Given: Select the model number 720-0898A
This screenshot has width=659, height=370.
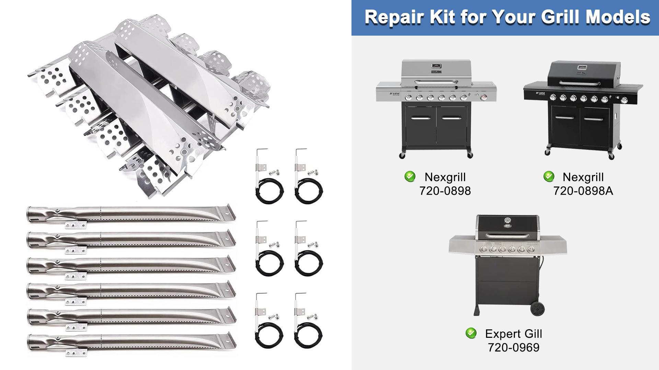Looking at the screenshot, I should (x=583, y=191).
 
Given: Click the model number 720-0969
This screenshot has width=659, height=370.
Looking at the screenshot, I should (x=513, y=347).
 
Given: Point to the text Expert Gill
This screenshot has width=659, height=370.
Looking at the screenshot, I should (x=513, y=334).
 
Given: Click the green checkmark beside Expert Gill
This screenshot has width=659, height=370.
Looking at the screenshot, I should (x=471, y=333).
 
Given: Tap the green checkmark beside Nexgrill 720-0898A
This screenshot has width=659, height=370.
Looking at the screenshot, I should (x=549, y=176).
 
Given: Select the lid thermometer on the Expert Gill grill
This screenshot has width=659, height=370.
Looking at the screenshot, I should (x=508, y=223).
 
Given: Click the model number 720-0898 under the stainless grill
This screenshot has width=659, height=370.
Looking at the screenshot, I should (x=445, y=191).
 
